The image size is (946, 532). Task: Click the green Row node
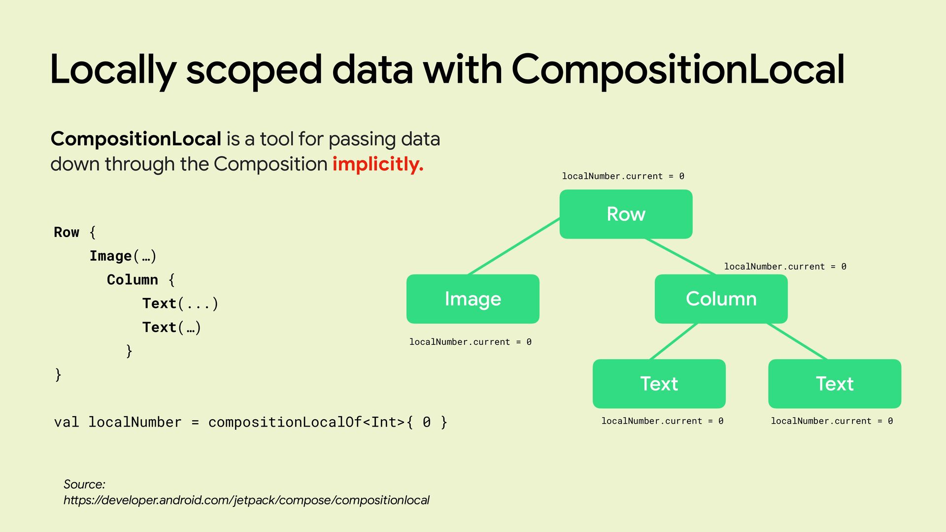pos(626,214)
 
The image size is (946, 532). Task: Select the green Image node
pos(473,299)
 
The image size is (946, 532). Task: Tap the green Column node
pos(721,299)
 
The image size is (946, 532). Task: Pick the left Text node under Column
pos(659,384)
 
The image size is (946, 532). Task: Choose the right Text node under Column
pos(835,384)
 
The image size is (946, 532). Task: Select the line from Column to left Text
pos(674,341)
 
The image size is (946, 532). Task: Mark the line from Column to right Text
pos(797,341)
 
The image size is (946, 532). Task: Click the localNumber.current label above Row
pos(623,176)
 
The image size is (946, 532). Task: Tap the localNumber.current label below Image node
pos(470,342)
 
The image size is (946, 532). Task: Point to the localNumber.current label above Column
pos(785,266)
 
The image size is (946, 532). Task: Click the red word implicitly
pos(378,164)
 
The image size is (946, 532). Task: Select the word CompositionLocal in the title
pos(678,69)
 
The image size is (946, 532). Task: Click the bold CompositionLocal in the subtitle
pos(136,139)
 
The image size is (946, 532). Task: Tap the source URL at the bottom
pos(246,500)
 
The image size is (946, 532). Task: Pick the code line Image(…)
pos(123,256)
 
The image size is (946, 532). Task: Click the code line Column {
pos(141,280)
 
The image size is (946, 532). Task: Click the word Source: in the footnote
pos(84,484)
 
